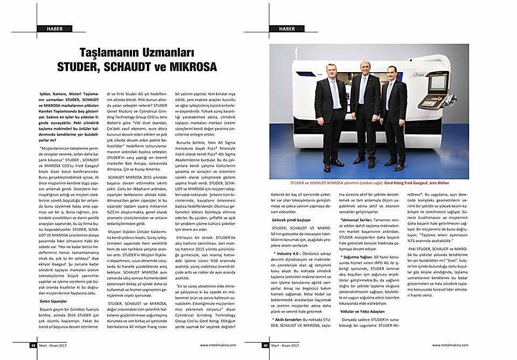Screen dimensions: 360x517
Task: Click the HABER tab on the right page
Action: (x=287, y=28)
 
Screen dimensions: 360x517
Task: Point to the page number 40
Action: (x=266, y=345)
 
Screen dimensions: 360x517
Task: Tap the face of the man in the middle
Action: (x=366, y=68)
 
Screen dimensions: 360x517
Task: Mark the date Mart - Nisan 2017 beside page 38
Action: (x=54, y=345)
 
